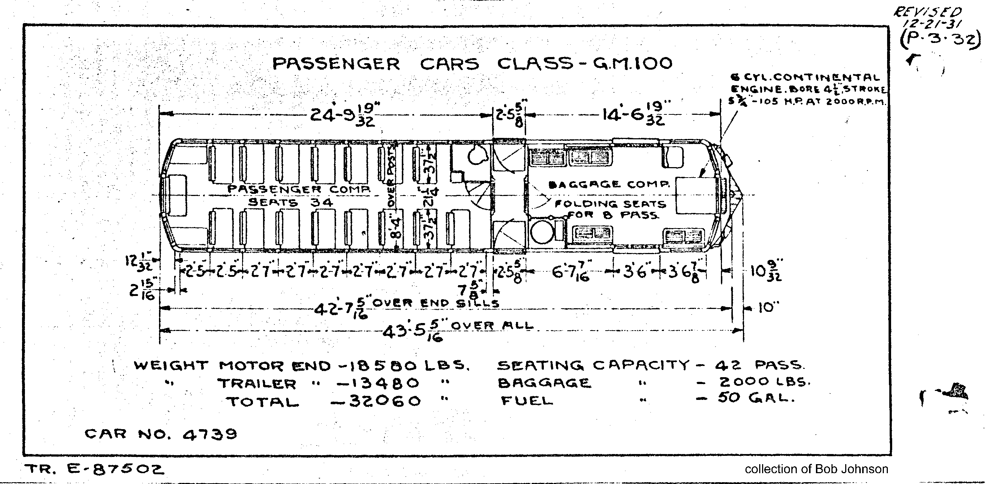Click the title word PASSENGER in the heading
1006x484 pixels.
[x=336, y=64]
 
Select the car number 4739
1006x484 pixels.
[x=210, y=434]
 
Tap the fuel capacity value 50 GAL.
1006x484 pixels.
[x=756, y=398]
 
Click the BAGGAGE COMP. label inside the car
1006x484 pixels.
[x=609, y=184]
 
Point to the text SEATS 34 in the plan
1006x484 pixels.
[x=291, y=202]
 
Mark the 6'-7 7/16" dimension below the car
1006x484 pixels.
[x=570, y=272]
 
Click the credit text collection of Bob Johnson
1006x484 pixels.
[x=816, y=469]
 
